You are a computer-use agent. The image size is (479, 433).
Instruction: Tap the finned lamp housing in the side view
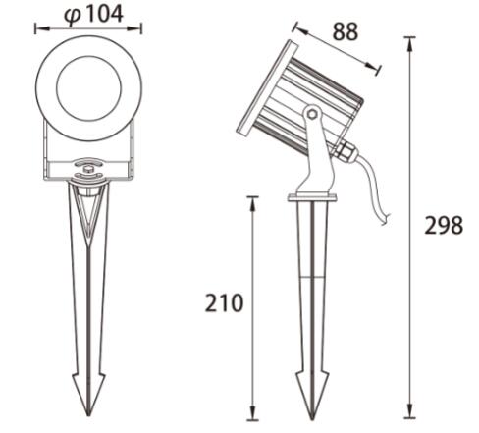point(312,93)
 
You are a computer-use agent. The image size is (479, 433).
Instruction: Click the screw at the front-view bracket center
point(89,170)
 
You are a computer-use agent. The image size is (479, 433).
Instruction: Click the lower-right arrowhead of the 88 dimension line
point(378,69)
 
